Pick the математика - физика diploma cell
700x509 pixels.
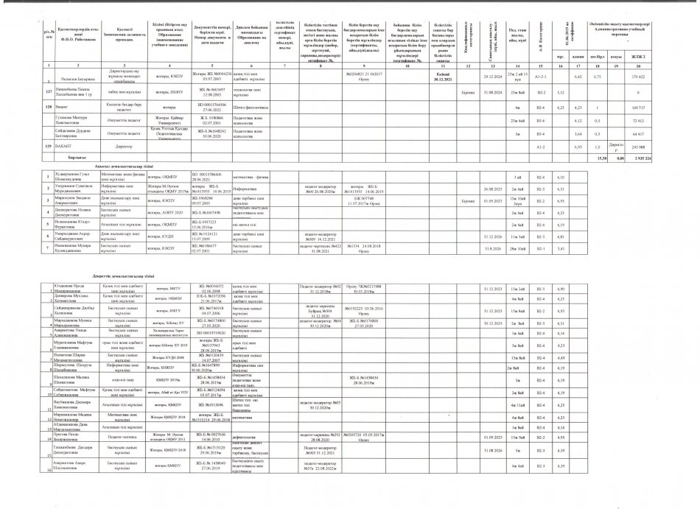(249, 178)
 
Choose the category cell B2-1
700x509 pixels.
(540, 248)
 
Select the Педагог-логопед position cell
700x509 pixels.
(113, 436)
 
